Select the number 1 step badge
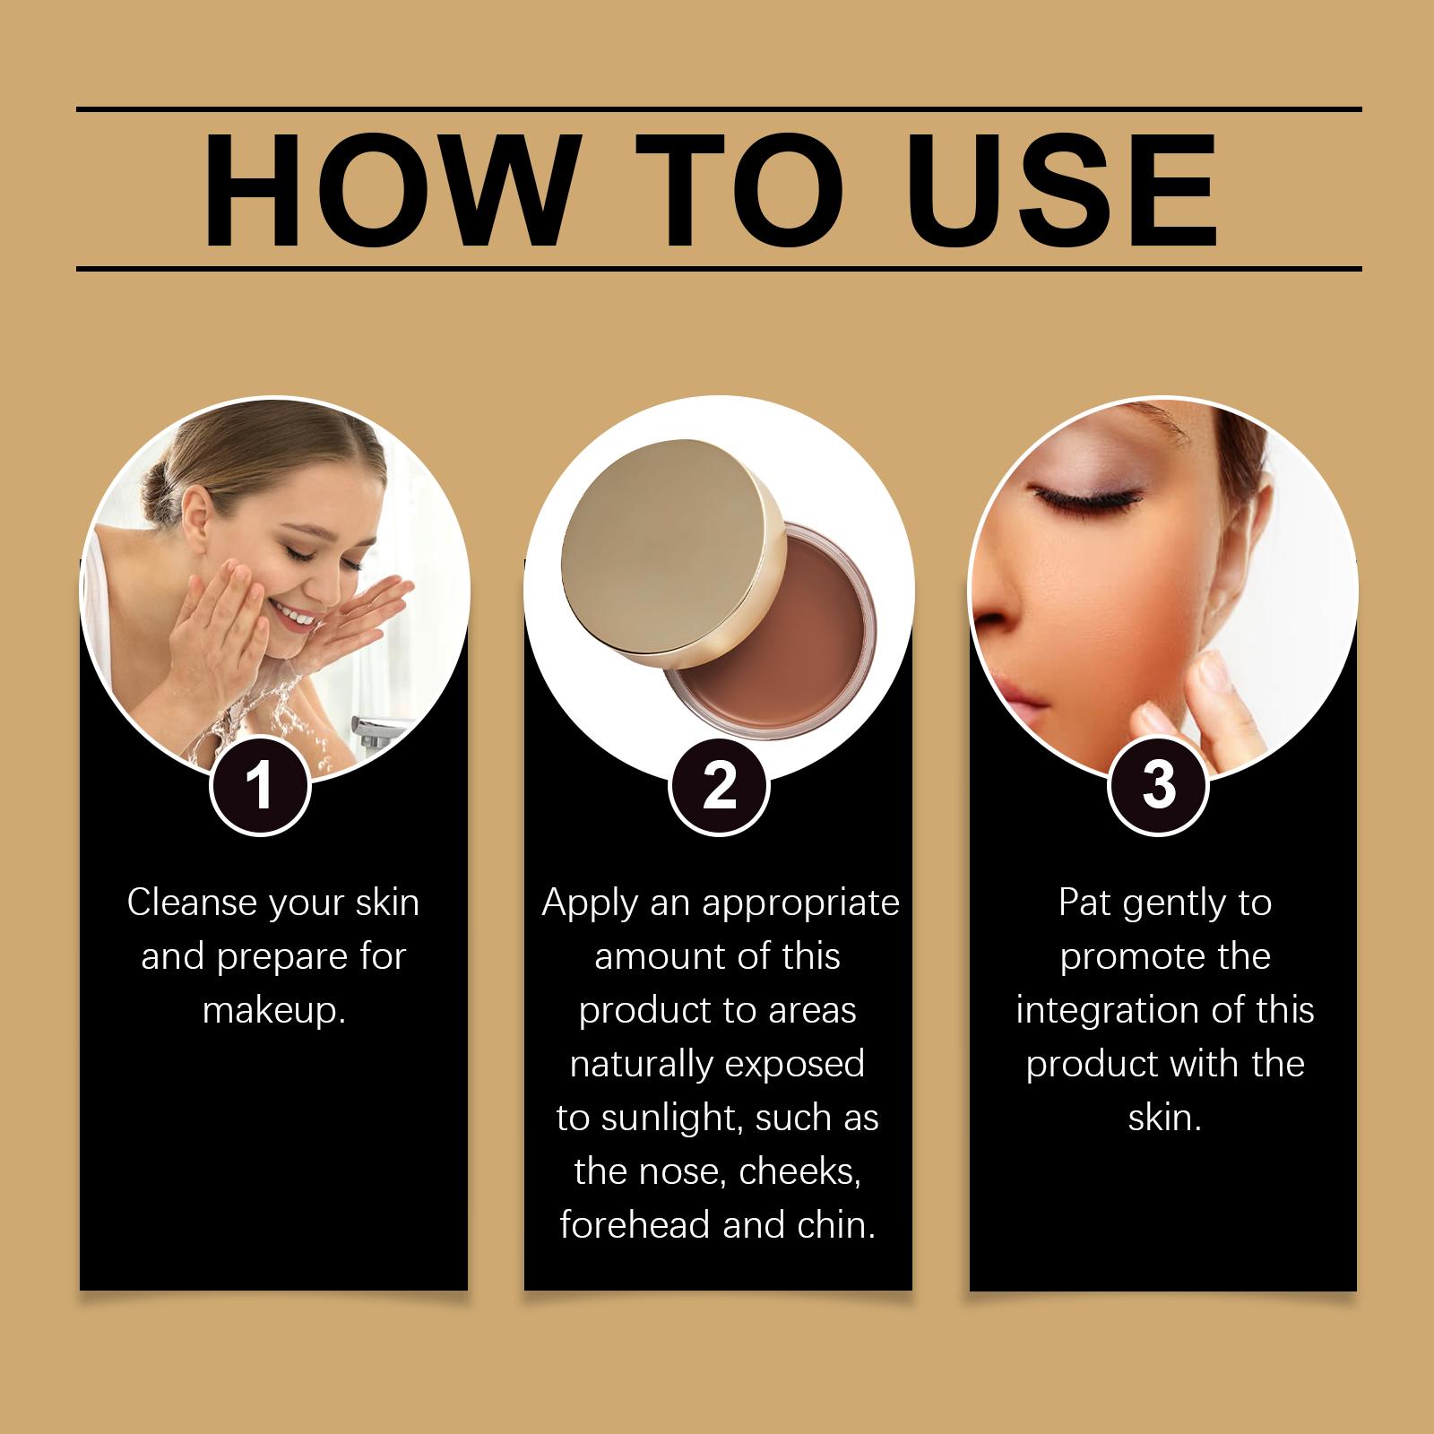click(260, 786)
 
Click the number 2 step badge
click(719, 786)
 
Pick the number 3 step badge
click(1159, 786)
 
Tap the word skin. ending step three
click(1164, 1118)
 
